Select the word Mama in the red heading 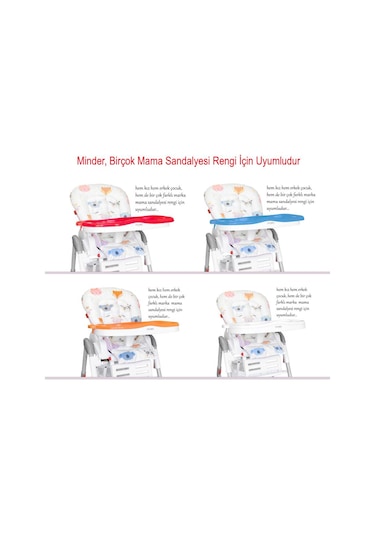tap(168, 159)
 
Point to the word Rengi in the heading tap(253, 159)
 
